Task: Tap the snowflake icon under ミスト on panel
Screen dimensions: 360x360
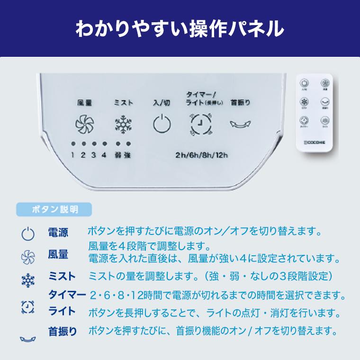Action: pyautogui.click(x=123, y=125)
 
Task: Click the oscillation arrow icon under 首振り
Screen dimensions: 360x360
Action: pyautogui.click(x=241, y=124)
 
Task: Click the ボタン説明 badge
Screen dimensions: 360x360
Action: pyautogui.click(x=54, y=209)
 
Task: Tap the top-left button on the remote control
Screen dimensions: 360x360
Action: pyautogui.click(x=304, y=84)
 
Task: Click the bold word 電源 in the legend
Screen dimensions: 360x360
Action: pyautogui.click(x=58, y=233)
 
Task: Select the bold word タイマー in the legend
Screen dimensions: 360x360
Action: pyautogui.click(x=67, y=295)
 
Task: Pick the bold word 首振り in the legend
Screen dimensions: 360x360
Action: pyautogui.click(x=63, y=331)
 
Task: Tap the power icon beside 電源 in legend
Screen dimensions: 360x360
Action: pyautogui.click(x=28, y=234)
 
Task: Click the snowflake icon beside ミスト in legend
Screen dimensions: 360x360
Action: pyautogui.click(x=28, y=280)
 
